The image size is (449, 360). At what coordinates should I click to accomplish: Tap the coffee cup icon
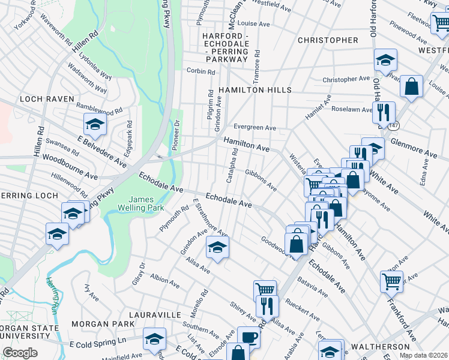click(x=248, y=337)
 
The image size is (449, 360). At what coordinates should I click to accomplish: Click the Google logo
click(x=20, y=353)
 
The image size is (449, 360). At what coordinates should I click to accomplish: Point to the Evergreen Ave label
click(x=255, y=128)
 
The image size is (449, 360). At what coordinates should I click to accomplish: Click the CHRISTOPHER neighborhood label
click(x=328, y=40)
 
